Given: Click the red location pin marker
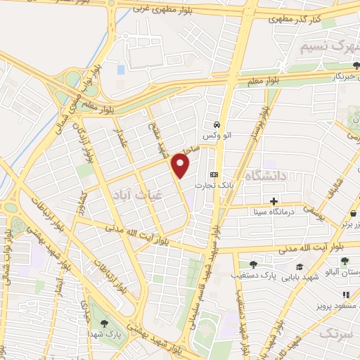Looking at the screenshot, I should click(181, 166).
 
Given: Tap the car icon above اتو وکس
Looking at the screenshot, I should click(219, 120).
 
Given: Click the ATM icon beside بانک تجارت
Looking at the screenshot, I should click(214, 175).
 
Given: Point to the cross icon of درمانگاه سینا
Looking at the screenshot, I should click(274, 201).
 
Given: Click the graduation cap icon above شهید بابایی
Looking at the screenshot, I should click(300, 267).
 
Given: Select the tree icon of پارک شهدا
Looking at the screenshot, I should click(104, 324).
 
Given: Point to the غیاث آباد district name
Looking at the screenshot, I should click(137, 198).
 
